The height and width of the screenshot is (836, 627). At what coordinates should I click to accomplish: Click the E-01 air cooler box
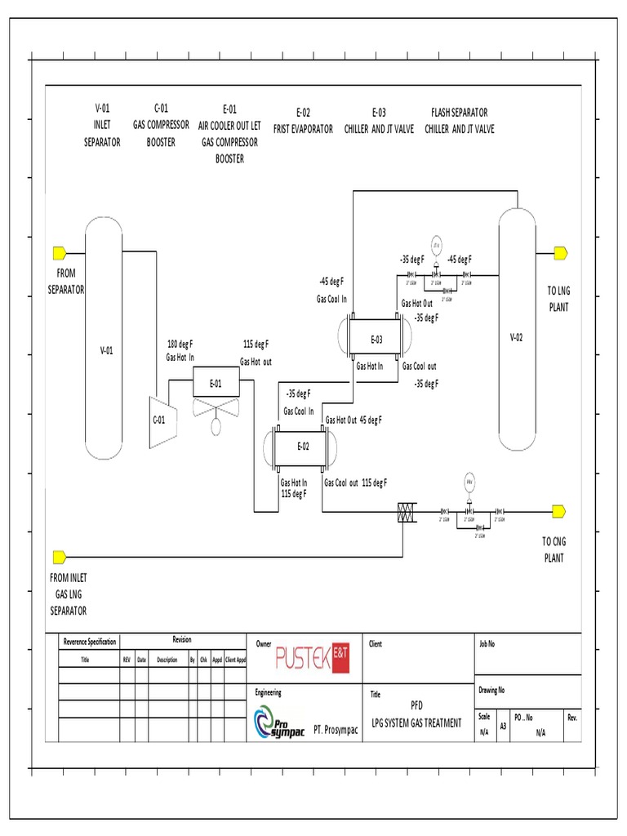216,383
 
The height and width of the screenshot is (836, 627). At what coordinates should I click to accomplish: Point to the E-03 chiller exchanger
376,338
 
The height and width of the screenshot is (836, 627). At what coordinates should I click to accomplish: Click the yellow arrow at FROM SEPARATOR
60,252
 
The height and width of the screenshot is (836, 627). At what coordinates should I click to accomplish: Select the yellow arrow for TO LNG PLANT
559,252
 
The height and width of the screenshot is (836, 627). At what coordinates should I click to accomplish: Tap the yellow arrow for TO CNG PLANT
559,511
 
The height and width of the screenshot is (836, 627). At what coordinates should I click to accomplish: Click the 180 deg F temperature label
180,344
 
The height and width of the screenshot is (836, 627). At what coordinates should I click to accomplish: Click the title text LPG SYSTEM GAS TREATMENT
416,723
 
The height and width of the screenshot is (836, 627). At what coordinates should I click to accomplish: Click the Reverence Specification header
90,641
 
